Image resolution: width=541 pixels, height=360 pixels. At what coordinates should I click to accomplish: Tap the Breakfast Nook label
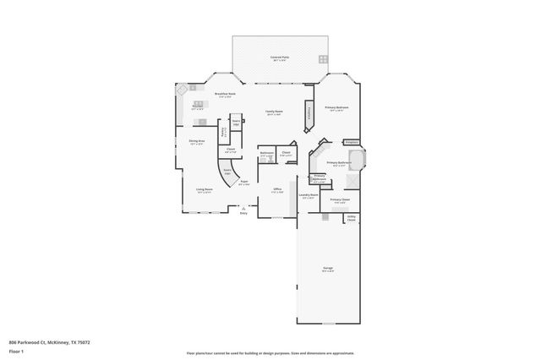click(x=224, y=95)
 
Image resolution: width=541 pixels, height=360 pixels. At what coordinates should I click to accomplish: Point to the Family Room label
click(x=274, y=112)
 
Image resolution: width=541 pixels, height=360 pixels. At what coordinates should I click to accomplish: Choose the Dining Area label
click(x=197, y=142)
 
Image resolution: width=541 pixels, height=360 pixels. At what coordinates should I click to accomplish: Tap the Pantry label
click(x=223, y=132)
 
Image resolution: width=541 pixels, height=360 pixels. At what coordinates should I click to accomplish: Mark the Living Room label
click(x=204, y=190)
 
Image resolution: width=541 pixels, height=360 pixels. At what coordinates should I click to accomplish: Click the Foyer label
click(x=243, y=183)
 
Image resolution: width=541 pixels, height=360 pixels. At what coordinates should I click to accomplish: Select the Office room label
click(x=276, y=190)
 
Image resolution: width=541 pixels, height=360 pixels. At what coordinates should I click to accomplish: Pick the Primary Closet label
click(x=340, y=200)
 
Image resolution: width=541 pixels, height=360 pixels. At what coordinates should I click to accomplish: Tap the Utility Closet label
click(x=351, y=218)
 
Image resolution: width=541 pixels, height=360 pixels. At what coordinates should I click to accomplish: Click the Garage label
click(x=327, y=269)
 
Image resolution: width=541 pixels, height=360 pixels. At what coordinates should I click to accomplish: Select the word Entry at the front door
click(x=243, y=213)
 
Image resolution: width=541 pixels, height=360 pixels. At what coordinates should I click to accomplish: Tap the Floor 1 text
click(x=16, y=350)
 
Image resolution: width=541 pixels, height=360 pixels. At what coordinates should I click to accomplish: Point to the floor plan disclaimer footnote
click(x=270, y=352)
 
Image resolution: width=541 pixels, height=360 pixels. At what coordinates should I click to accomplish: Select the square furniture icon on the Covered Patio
click(x=322, y=58)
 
